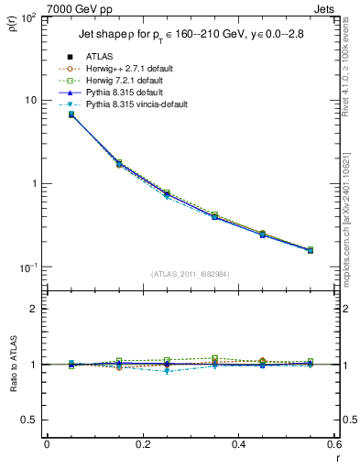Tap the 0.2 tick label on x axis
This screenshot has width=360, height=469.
[x=142, y=446]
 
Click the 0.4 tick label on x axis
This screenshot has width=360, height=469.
[x=238, y=446]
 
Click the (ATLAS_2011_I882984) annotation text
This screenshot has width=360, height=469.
[x=191, y=274]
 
